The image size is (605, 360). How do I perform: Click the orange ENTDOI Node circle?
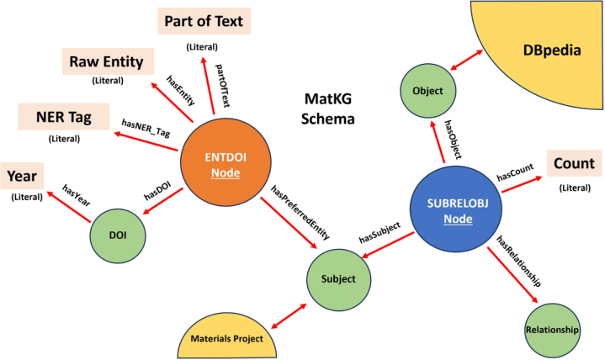[226, 162]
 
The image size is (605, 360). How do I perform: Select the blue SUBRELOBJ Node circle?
[456, 209]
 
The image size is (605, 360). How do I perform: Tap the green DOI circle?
[118, 236]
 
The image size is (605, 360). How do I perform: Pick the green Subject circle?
[339, 279]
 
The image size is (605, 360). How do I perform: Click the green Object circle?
[428, 91]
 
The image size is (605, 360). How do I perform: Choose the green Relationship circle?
[552, 331]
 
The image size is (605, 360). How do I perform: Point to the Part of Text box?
[204, 21]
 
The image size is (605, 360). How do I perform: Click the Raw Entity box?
[108, 61]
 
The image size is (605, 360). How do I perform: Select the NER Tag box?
[64, 117]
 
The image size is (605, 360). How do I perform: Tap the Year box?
[22, 176]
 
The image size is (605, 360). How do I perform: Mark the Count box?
[574, 163]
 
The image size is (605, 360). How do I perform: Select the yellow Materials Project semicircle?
[227, 336]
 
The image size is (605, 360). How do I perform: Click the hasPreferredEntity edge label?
[300, 212]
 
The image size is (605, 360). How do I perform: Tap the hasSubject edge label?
[379, 233]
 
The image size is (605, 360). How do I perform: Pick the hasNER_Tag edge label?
[146, 128]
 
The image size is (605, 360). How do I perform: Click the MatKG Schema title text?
[327, 109]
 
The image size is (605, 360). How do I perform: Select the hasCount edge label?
[515, 172]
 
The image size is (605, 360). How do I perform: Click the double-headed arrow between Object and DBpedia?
[466, 60]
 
